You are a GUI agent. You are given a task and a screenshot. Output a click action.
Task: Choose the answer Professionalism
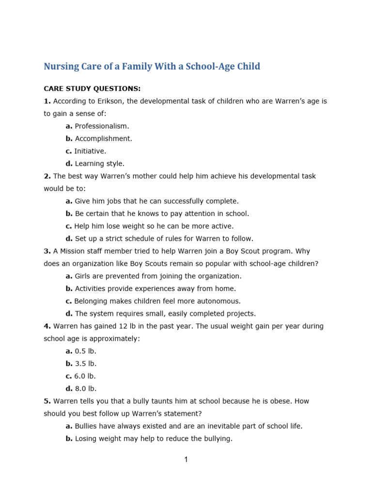point(102,126)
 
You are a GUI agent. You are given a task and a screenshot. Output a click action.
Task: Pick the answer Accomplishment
point(103,139)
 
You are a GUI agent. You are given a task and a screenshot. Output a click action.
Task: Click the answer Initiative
point(90,151)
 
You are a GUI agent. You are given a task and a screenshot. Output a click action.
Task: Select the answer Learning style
point(100,164)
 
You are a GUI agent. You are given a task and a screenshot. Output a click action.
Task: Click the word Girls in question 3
point(83,276)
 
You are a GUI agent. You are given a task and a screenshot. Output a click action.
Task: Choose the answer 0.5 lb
point(85,351)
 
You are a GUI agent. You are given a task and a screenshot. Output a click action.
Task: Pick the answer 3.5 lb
point(86,364)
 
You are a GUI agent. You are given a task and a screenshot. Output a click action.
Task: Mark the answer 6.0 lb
point(85,376)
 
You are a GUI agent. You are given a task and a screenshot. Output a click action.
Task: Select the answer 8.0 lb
point(86,389)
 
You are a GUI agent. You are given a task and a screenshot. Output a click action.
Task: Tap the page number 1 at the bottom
point(186,460)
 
